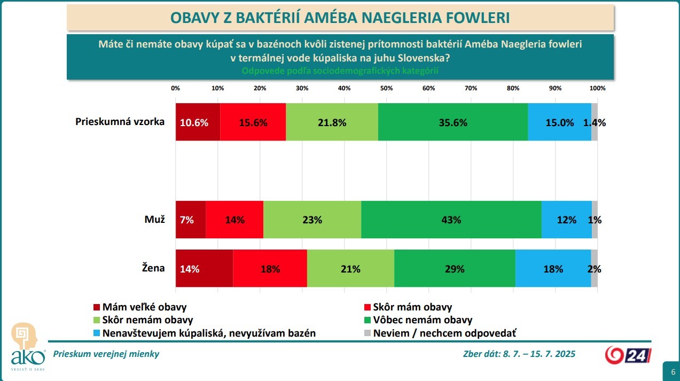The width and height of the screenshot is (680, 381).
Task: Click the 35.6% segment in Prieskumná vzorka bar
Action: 453,122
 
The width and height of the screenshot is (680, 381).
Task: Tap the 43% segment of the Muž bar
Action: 451,220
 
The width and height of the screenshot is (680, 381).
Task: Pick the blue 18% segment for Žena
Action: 553,269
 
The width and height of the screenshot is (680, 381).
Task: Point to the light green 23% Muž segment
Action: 312,220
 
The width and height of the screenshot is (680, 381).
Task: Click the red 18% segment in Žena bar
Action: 270,269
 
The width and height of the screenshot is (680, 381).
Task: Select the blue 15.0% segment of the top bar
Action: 559,122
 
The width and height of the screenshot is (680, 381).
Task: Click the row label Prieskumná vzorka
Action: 120,121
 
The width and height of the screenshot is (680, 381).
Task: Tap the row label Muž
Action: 155,219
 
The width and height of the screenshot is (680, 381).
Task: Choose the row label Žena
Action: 154,268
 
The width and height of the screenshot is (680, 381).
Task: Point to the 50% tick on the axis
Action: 386,88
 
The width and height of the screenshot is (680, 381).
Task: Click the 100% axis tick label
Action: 597,88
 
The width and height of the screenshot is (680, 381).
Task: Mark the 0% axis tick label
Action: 175,88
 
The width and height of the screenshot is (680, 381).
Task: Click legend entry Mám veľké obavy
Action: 144,307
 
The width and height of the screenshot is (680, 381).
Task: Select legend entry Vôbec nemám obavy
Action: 423,320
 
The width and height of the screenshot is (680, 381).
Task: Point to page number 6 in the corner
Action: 670,370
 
